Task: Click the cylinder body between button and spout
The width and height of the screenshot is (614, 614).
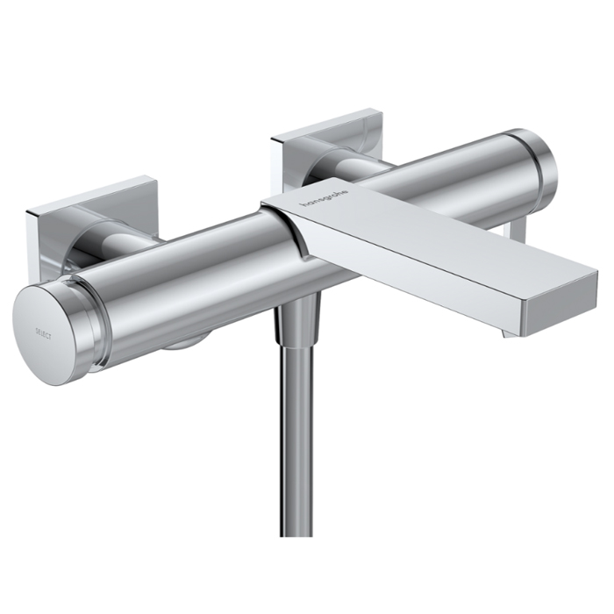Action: point(193,281)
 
